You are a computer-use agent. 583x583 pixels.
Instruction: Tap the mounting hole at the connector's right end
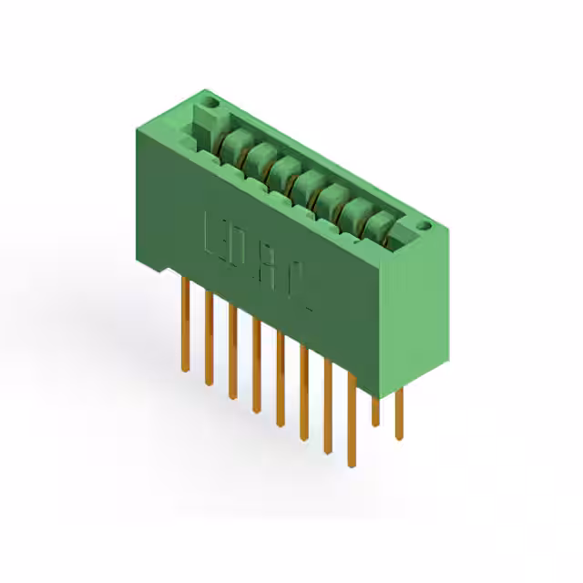[422, 225]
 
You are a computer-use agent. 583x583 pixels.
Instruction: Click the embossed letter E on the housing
[217, 235]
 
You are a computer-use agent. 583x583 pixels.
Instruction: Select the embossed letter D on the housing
[244, 251]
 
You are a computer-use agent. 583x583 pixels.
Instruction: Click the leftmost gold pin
[185, 323]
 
